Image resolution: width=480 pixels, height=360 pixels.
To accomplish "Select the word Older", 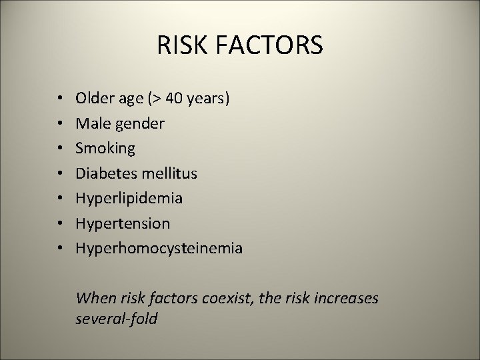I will click(95, 99).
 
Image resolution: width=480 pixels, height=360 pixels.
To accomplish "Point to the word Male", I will click(92, 123).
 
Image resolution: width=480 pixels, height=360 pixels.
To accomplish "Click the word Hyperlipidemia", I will click(129, 199).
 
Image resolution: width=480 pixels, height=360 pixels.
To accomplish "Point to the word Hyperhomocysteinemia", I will click(159, 249).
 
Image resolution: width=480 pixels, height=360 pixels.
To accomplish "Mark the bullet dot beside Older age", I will click(61, 99).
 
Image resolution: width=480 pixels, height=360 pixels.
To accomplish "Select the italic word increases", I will click(346, 298).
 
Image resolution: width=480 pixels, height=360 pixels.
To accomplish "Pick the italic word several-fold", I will click(117, 319).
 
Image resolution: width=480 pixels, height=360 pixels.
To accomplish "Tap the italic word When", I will click(95, 298).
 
